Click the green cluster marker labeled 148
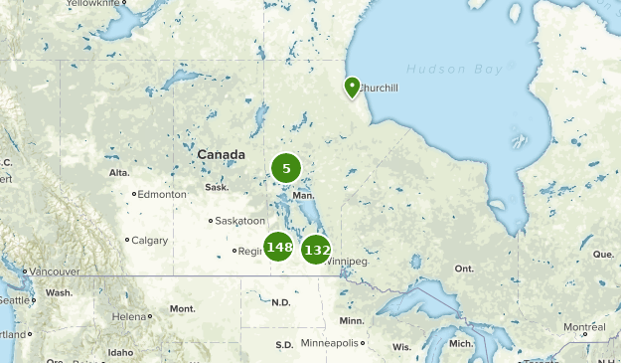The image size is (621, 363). [x=278, y=246]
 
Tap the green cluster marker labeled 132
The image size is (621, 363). [x=316, y=249]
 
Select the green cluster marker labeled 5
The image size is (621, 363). [x=286, y=168]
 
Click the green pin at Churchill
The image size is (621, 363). [x=352, y=88]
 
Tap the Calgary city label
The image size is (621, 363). [x=149, y=240]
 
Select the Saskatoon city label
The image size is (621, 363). [x=240, y=221]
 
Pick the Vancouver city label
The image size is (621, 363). [x=53, y=272]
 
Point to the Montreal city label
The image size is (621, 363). [x=584, y=327]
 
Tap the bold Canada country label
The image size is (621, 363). [x=221, y=155]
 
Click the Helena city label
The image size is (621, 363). [x=129, y=316]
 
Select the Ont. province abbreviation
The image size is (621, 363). [x=464, y=269]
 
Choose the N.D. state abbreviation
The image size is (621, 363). [x=280, y=302]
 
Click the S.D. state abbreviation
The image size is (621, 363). [x=284, y=345]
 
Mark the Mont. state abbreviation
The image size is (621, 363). [x=182, y=309]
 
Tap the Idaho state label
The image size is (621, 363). [x=121, y=352]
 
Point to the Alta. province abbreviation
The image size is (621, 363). [x=119, y=173]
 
